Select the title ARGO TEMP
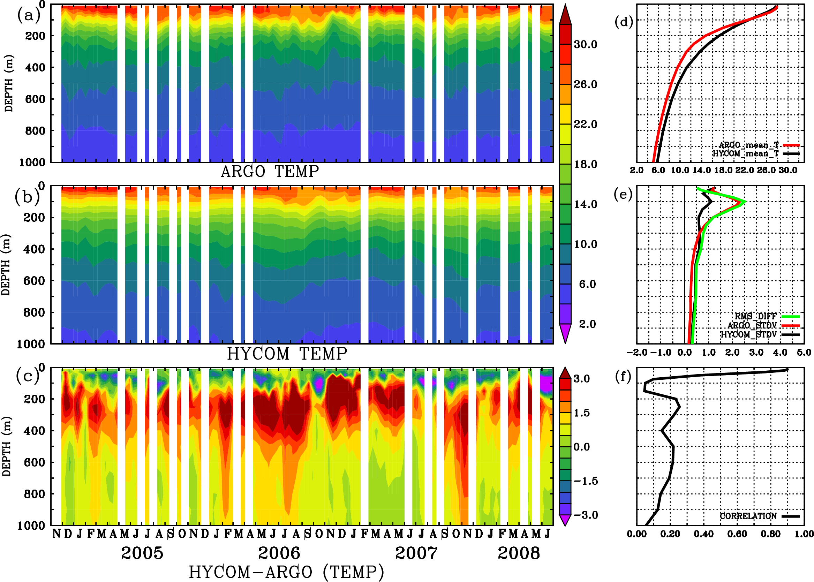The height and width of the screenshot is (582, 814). (270, 172)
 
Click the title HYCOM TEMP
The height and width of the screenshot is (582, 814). (287, 354)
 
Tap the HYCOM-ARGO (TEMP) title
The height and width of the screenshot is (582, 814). (286, 572)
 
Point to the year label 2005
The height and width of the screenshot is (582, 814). (142, 553)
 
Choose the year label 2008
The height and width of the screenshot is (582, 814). (519, 553)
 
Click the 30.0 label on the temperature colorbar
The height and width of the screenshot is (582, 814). (585, 44)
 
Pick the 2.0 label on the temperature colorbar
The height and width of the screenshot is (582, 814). (587, 324)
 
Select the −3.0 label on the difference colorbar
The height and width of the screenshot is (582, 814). (586, 515)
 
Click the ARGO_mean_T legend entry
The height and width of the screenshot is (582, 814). (749, 145)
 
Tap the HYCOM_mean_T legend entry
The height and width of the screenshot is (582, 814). (746, 154)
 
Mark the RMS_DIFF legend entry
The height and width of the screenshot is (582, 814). (755, 316)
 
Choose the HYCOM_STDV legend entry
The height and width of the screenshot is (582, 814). (749, 334)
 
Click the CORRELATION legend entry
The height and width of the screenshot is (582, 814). (748, 516)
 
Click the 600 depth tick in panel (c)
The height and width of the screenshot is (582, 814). (34, 462)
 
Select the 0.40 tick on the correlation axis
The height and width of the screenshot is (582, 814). (703, 534)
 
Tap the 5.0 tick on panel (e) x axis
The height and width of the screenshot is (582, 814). (804, 352)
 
